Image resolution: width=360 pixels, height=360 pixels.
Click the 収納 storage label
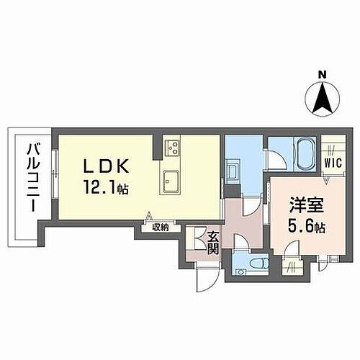tap(160, 228)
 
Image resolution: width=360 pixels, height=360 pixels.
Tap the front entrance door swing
tap(204, 282)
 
